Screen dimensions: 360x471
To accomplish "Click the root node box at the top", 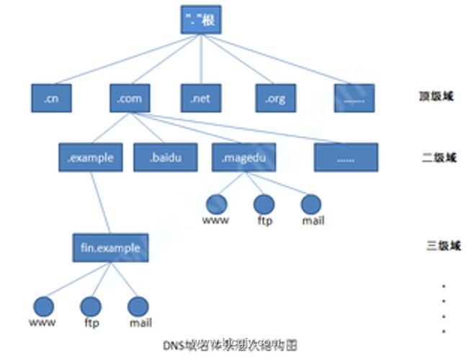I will [198, 19].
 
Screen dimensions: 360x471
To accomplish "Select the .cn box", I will [50, 99].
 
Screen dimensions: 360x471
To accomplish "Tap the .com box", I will [130, 99].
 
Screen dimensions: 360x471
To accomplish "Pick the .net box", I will [200, 99].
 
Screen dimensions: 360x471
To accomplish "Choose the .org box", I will [275, 99].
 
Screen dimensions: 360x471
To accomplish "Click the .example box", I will [90, 158].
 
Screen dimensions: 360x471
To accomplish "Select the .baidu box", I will [165, 158].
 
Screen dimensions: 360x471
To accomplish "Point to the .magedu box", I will [243, 158].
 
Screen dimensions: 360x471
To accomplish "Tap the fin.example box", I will [110, 248].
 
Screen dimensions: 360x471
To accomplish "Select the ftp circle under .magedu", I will [264, 204].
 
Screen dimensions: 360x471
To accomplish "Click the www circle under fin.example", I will [42, 307].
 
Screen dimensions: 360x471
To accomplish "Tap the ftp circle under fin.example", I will [91, 307].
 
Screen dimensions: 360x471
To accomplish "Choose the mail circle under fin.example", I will [138, 307].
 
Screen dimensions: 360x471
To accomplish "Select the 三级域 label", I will [441, 246].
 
